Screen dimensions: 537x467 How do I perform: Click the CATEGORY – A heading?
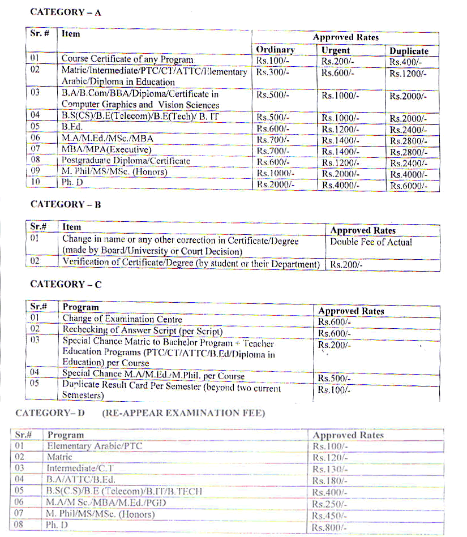click(66, 12)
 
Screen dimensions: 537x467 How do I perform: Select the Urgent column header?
click(336, 50)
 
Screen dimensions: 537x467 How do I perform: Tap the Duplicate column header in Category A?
click(409, 51)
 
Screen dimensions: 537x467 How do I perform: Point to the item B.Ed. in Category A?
click(72, 128)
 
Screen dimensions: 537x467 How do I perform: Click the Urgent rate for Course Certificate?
click(337, 61)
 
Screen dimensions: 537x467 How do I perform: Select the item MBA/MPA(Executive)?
click(106, 150)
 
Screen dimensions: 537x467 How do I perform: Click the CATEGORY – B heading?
click(66, 205)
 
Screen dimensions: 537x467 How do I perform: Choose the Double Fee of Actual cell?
click(371, 242)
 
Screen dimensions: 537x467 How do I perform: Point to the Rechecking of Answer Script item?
click(142, 330)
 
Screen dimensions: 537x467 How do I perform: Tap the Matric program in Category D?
click(59, 457)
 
